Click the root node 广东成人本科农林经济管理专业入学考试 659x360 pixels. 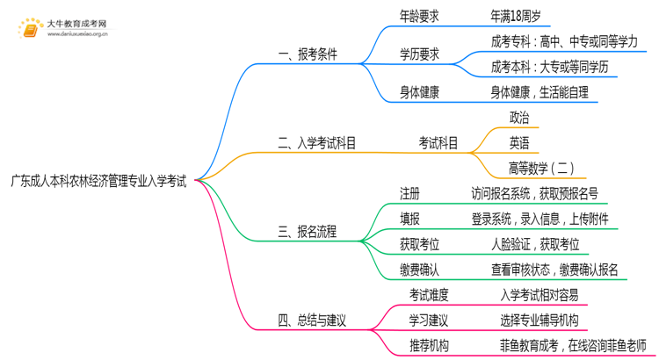pyautogui.click(x=98, y=182)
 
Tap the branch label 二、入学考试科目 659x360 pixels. pyautogui.click(x=316, y=143)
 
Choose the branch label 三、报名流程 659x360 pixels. pyautogui.click(x=307, y=232)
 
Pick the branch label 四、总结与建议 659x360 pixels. pyautogui.click(x=313, y=320)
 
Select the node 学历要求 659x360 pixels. pyautogui.click(x=419, y=54)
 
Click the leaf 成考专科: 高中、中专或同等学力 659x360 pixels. pyautogui.click(x=564, y=41)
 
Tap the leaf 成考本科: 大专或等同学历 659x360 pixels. pyautogui.click(x=549, y=67)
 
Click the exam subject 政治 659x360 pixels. pyautogui.click(x=518, y=118)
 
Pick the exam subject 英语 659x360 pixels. pyautogui.click(x=518, y=143)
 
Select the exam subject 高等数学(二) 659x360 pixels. pyautogui.click(x=542, y=168)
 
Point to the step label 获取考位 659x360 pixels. pyautogui.click(x=419, y=244)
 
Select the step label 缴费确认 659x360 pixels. pyautogui.click(x=419, y=270)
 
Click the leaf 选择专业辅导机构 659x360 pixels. pyautogui.click(x=537, y=320)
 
